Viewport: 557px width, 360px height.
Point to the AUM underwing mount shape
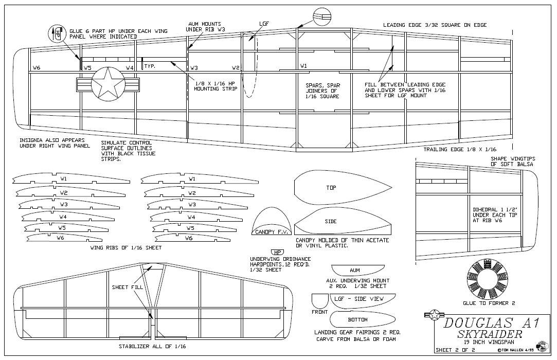tap(354, 270)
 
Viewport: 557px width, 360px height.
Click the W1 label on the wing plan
tap(304, 66)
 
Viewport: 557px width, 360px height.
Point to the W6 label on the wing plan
tap(37, 67)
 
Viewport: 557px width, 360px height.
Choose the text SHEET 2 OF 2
tap(456, 350)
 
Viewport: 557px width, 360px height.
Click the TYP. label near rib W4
tap(150, 66)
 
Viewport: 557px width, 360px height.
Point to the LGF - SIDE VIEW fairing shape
tap(364, 299)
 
